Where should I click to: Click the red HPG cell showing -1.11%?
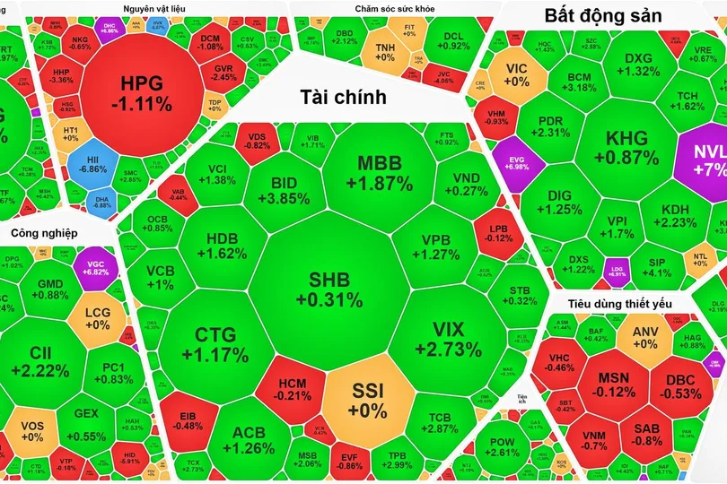[x=144, y=93]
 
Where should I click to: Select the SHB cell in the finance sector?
[x=331, y=289]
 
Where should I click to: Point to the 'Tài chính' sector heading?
[x=343, y=97]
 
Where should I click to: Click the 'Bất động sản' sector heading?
[x=603, y=15]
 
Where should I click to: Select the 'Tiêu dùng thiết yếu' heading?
[x=619, y=303]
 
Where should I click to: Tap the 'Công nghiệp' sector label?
[x=44, y=234]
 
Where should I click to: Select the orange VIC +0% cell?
[x=517, y=74]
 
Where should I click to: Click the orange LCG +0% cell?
[x=97, y=317]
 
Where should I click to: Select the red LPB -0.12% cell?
[x=499, y=233]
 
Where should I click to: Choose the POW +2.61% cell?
[x=502, y=445]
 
